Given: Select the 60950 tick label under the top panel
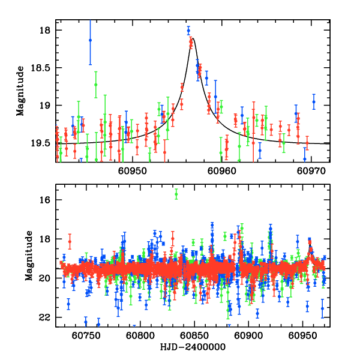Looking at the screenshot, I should (x=131, y=171).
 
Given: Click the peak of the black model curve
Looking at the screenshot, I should (x=193, y=38).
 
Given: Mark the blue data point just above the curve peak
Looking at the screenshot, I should (x=188, y=29).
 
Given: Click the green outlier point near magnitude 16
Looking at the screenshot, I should (x=176, y=193).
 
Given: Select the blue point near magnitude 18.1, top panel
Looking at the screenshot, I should (x=90, y=40).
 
